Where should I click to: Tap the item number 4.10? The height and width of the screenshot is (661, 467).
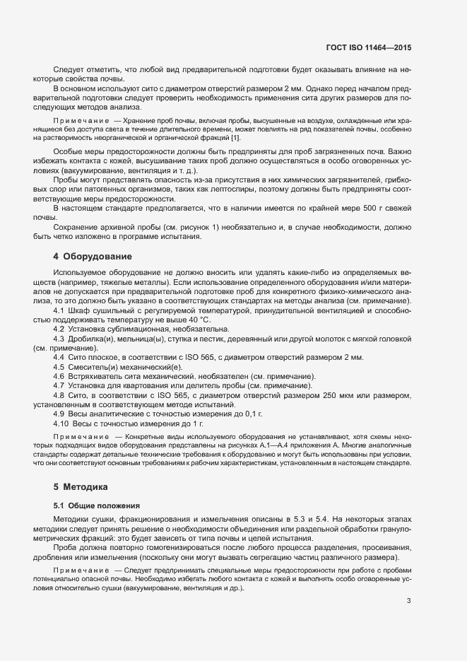click(62, 423)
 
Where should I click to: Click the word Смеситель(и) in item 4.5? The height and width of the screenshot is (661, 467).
click(93, 368)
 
